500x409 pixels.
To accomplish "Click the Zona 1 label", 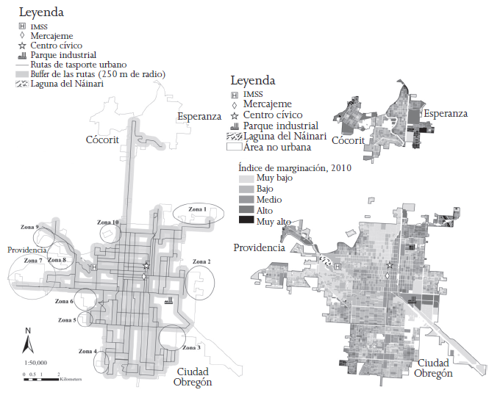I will [196, 209].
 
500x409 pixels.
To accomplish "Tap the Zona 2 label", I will [201, 261].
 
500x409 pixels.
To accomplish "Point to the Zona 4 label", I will [85, 351].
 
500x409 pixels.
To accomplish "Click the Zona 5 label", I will [67, 320].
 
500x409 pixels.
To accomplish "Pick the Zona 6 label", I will [63, 301].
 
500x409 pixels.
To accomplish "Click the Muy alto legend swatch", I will [245, 220].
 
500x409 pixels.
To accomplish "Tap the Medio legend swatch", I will [245, 199].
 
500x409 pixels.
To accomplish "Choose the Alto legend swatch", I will [245, 210].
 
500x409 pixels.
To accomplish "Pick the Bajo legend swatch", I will [245, 189].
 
